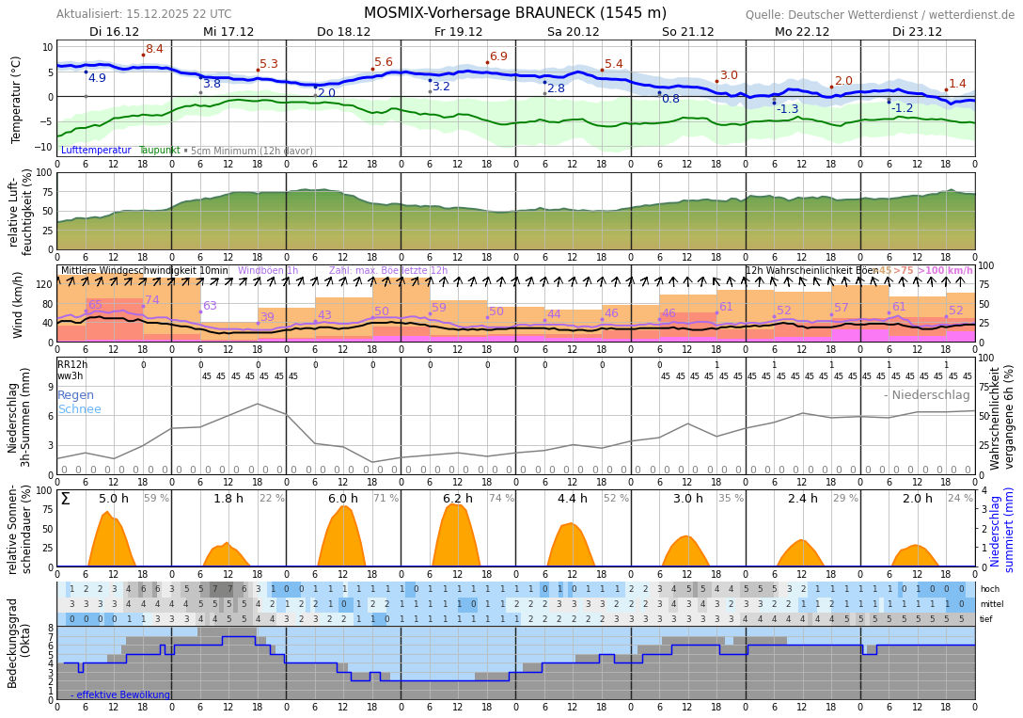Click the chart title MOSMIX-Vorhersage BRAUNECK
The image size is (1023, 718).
pyautogui.click(x=514, y=13)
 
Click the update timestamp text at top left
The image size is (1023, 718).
pyautogui.click(x=144, y=14)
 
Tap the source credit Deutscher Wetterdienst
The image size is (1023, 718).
pyautogui.click(x=880, y=14)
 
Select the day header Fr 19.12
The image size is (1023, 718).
pyautogui.click(x=458, y=31)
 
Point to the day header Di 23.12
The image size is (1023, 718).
pyautogui.click(x=917, y=31)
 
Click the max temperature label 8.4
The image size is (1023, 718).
pyautogui.click(x=154, y=49)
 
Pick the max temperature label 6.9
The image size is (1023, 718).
pyautogui.click(x=498, y=56)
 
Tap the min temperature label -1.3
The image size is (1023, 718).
pyautogui.click(x=787, y=109)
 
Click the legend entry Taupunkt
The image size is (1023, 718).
pyautogui.click(x=159, y=151)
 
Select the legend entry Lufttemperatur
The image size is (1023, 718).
pyautogui.click(x=96, y=151)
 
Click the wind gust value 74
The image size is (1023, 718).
pyautogui.click(x=152, y=300)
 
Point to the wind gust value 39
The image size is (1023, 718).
pyautogui.click(x=267, y=317)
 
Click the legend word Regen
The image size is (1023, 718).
pyautogui.click(x=75, y=395)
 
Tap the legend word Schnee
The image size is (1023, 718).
pyautogui.click(x=79, y=409)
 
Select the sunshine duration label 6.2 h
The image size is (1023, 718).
pyautogui.click(x=457, y=499)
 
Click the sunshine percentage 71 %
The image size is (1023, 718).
pyautogui.click(x=386, y=499)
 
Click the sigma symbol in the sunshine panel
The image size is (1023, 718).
pyautogui.click(x=65, y=499)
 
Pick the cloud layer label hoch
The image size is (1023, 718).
pyautogui.click(x=990, y=589)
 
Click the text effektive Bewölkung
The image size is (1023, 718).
pyautogui.click(x=123, y=695)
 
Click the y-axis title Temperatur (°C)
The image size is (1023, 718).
pyautogui.click(x=16, y=99)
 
